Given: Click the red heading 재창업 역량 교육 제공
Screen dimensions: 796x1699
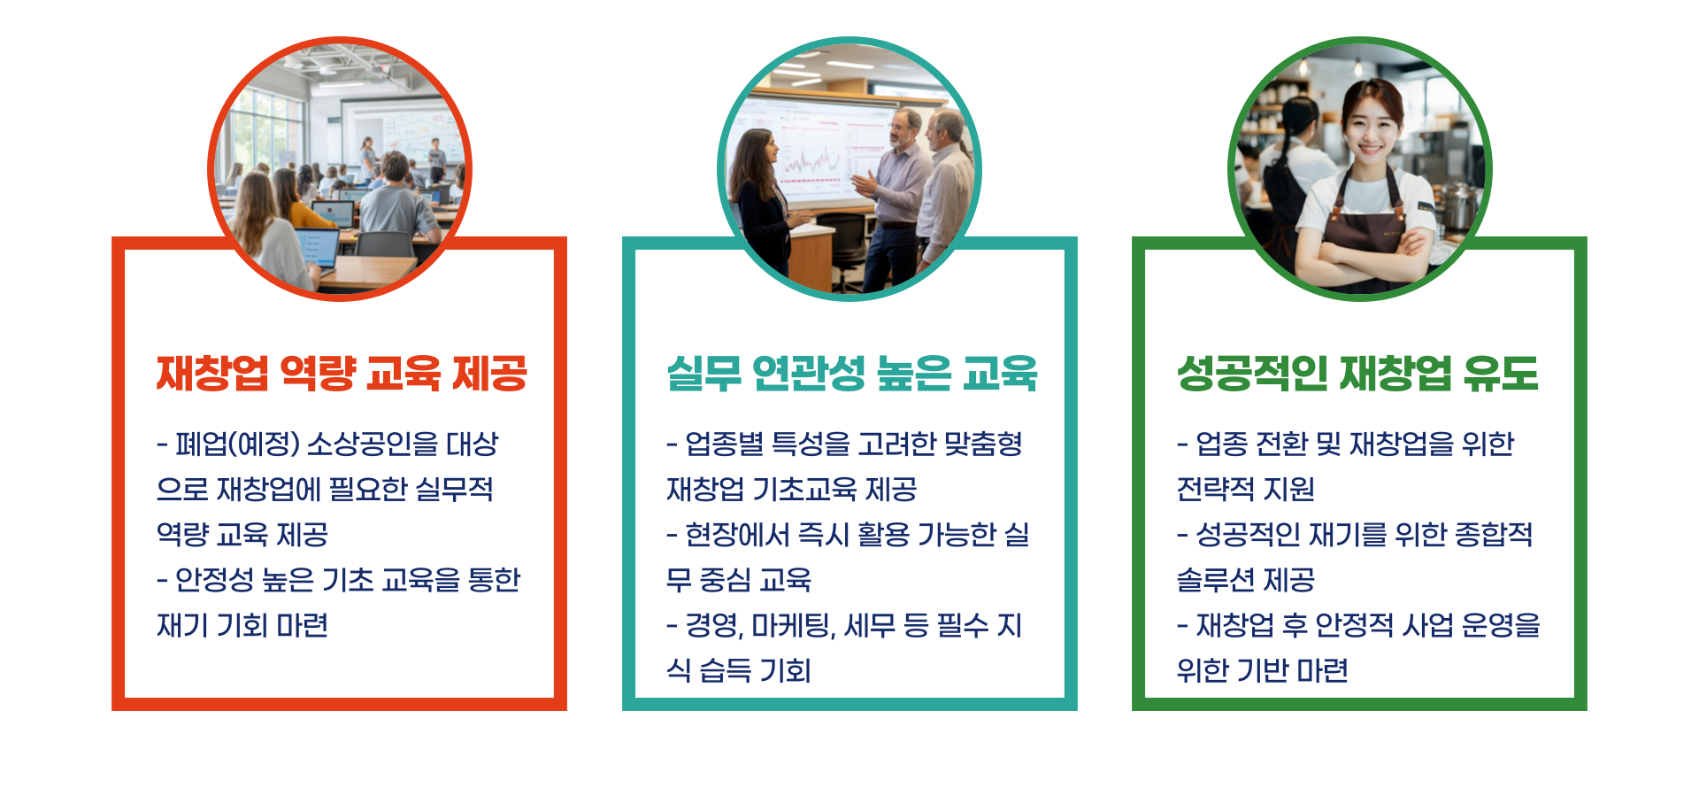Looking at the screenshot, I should click(x=342, y=373).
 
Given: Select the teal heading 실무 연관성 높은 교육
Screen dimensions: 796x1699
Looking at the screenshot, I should click(x=851, y=373).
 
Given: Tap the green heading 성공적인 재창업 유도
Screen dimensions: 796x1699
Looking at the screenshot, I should click(x=1357, y=373).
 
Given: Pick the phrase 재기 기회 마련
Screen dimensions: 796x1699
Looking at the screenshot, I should click(x=242, y=625).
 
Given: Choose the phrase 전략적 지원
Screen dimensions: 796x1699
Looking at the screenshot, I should click(x=1245, y=489).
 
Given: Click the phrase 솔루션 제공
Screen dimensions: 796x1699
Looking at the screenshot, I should click(x=1245, y=580).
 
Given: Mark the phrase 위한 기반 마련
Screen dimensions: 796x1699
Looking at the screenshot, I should click(x=1262, y=670).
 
